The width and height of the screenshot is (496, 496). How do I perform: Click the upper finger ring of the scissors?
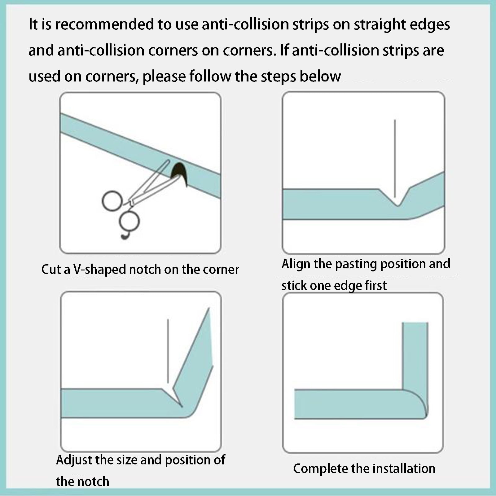pos(112,201)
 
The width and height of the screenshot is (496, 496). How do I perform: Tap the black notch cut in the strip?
pos(180,173)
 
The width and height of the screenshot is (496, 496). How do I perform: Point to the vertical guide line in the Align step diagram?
pos(395,159)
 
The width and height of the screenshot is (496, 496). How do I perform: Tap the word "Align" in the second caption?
pos(296,264)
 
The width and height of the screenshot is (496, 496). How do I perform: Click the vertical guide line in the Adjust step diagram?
pos(168,351)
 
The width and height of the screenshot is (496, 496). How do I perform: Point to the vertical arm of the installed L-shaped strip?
pos(415,356)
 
